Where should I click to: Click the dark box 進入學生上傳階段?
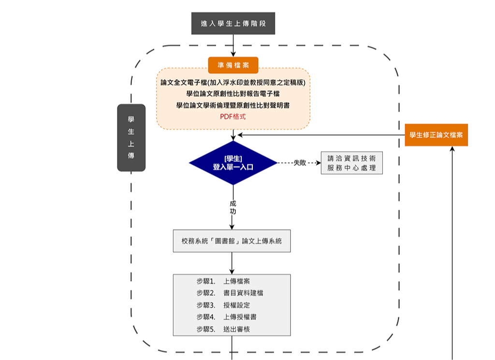(x=233, y=24)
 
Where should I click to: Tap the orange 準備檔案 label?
(x=233, y=65)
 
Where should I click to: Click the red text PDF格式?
(x=233, y=116)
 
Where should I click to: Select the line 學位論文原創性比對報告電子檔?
(x=233, y=94)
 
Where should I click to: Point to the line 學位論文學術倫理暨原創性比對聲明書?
(x=233, y=105)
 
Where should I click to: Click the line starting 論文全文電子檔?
(x=233, y=83)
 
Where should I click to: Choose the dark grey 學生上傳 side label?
(x=131, y=137)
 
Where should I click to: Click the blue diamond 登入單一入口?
(x=233, y=163)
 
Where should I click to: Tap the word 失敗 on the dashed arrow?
(x=300, y=163)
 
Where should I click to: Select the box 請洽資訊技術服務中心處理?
(x=351, y=163)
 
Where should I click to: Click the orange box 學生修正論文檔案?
(x=436, y=135)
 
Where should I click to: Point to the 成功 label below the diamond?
(x=233, y=207)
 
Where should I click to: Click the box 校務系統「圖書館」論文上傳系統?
(x=232, y=241)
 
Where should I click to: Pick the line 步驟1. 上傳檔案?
(x=223, y=281)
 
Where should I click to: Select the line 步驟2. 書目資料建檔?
(x=230, y=293)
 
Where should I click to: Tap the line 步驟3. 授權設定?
(x=223, y=305)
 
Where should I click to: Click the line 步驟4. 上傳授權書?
(x=226, y=317)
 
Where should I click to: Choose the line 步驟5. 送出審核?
(x=223, y=329)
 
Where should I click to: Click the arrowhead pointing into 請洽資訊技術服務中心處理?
(x=318, y=163)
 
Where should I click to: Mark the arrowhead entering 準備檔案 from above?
(x=233, y=54)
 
